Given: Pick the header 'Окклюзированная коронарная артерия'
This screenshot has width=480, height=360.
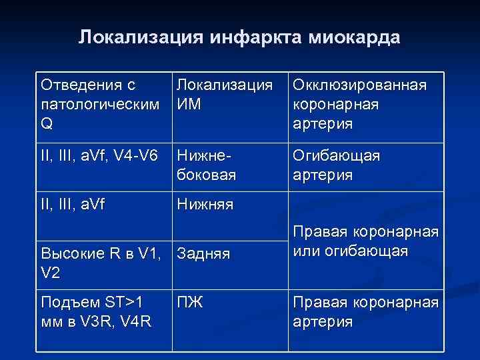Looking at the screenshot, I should tap(359, 105).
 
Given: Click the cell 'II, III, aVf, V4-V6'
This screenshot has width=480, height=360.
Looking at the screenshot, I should tap(99, 155).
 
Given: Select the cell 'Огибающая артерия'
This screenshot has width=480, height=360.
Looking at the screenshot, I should tap(337, 165).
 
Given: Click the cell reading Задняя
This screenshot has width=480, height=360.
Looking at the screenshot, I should tap(203, 253).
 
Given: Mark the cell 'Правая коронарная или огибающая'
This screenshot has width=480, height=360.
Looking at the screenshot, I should tap(365, 242).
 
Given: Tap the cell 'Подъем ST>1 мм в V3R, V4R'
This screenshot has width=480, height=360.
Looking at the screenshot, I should tap(97, 311).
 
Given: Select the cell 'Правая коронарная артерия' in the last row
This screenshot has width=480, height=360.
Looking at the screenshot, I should tap(365, 311).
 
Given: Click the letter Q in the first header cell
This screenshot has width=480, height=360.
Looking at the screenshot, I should tap(47, 124).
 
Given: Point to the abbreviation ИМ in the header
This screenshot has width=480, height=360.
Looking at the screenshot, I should tap(189, 105).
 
